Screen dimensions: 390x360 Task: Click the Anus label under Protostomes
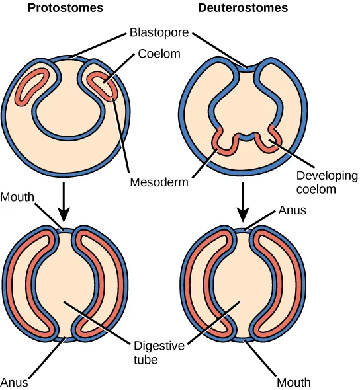[14, 381]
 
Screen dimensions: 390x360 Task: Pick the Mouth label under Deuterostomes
[294, 381]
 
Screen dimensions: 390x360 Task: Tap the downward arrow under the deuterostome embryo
[245, 202]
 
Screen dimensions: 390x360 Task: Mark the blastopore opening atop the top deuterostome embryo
[247, 65]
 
